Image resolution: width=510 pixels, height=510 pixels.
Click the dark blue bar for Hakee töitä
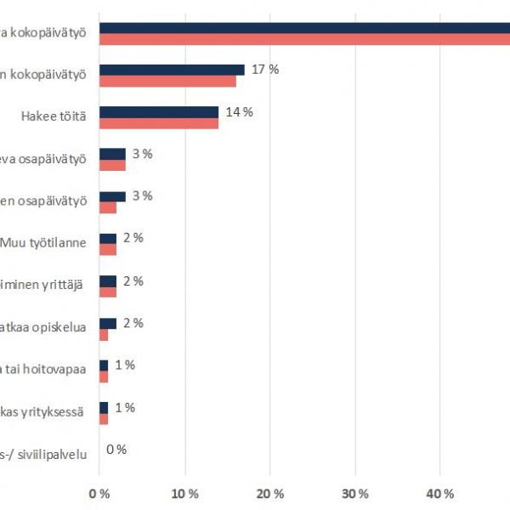coord(159,112)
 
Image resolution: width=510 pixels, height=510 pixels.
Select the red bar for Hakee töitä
coord(159,123)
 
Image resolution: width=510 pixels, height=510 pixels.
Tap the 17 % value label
coord(266,69)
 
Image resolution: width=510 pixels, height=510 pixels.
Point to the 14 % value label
coord(241,111)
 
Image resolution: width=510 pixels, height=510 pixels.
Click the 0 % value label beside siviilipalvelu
coord(116,450)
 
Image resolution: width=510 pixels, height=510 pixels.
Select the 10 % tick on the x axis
coord(184,494)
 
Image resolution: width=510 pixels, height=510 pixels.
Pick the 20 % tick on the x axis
coord(269,494)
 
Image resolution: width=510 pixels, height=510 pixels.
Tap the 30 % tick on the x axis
coord(354,494)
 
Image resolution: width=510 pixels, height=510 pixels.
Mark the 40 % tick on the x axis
coord(439,494)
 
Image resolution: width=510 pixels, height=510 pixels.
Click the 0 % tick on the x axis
coord(99,494)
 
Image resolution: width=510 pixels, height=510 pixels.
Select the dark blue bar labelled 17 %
coord(172,70)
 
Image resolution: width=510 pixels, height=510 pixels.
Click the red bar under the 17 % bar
coord(167,81)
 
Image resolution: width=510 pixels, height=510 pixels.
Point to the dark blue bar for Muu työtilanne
coord(108,239)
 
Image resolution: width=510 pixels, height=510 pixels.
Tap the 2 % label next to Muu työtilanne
coord(133,238)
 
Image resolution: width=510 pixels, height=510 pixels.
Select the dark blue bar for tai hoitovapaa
coord(104,365)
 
